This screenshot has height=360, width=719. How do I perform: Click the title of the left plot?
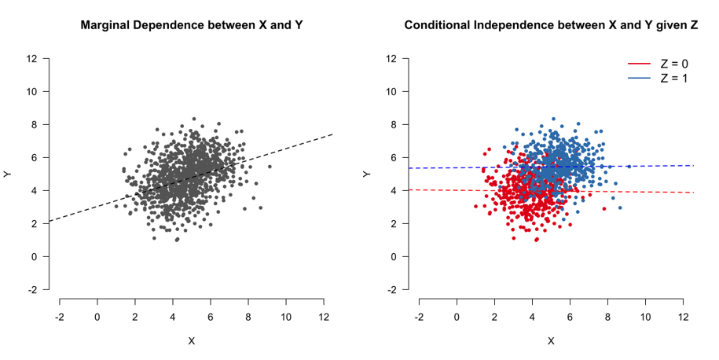(192, 25)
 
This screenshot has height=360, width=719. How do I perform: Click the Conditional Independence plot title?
(551, 25)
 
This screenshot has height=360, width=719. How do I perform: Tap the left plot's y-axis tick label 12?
(31, 58)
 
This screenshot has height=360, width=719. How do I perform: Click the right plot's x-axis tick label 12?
(683, 317)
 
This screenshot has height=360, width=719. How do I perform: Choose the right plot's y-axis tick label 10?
(391, 91)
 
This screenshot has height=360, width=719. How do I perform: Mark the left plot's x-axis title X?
(192, 341)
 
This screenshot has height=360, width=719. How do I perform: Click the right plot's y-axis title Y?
(368, 174)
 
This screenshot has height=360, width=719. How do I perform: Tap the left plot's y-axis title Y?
(9, 174)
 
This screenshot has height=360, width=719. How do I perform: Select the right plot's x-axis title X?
(551, 341)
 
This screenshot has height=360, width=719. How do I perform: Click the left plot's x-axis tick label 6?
(211, 317)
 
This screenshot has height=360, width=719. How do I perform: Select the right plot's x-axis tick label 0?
(457, 317)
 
